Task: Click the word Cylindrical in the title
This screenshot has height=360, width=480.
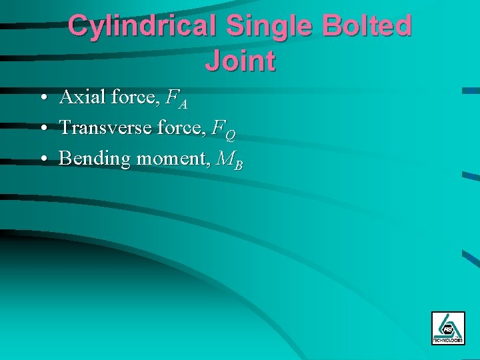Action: [x=143, y=27]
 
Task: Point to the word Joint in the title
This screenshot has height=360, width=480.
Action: [x=240, y=61]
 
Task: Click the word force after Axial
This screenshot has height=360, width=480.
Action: [x=133, y=98]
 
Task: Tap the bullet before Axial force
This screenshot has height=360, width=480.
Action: [x=43, y=99]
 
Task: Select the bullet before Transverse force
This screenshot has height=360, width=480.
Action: [x=43, y=128]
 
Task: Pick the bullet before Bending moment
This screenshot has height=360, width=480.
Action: [x=43, y=159]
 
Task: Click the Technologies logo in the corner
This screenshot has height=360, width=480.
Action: [x=448, y=328]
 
